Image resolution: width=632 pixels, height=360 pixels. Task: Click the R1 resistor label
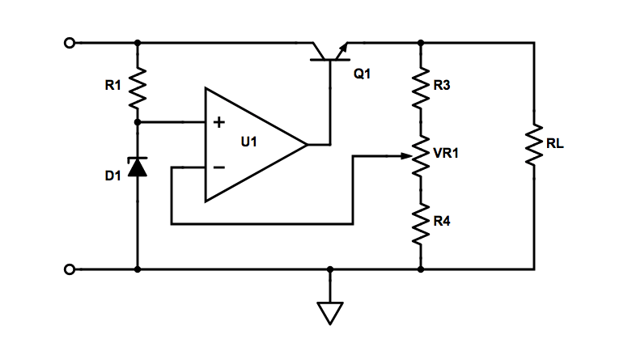coord(112,83)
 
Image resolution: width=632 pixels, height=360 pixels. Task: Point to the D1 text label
coord(112,176)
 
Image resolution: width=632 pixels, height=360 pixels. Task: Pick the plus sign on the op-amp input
coord(218,123)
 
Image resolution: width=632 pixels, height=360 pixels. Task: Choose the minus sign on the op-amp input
coord(218,168)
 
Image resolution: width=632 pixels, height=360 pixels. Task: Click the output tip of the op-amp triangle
coord(308,145)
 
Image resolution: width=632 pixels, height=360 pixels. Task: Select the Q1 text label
coord(362,74)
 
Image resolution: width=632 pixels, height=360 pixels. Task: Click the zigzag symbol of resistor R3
coord(420,87)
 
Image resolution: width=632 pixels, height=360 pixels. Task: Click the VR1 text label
coord(446,152)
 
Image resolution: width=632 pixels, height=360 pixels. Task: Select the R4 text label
coord(442,220)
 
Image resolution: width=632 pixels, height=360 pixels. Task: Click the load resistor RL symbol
coord(534,146)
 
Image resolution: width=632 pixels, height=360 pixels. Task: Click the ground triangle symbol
coord(330,312)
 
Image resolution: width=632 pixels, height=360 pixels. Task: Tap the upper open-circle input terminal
coord(70,42)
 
